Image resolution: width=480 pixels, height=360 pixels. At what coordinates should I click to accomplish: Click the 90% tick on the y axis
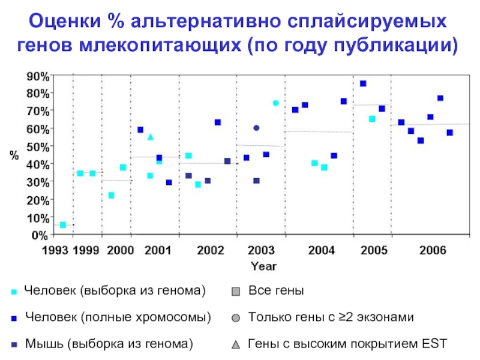point(37,76)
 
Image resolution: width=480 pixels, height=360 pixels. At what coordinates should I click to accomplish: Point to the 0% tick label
point(39,235)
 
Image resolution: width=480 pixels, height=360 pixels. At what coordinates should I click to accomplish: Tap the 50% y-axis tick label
point(37,146)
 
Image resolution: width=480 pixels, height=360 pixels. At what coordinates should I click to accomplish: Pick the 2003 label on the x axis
point(262,250)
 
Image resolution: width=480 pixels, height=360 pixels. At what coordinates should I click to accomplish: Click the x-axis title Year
point(263,265)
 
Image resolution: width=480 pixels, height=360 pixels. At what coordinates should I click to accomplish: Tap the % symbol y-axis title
point(13,155)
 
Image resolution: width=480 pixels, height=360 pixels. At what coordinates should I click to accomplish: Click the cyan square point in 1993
point(63,225)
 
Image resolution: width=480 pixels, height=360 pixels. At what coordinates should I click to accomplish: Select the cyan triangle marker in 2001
point(150,137)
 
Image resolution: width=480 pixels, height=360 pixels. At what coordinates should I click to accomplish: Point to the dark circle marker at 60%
point(256,128)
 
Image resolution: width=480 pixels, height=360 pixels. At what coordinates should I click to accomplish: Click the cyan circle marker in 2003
point(275,103)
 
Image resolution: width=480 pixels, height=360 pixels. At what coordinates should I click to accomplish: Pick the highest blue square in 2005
point(363,84)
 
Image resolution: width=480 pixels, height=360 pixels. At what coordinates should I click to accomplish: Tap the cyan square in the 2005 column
point(372,119)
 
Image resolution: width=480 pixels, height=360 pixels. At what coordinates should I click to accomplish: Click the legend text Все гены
point(276,291)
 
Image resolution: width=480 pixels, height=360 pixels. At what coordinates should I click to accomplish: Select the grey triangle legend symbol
point(235,345)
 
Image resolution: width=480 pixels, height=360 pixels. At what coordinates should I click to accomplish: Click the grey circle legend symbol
point(235,318)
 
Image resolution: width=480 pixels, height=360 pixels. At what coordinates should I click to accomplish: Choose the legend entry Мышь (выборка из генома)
point(109,344)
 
